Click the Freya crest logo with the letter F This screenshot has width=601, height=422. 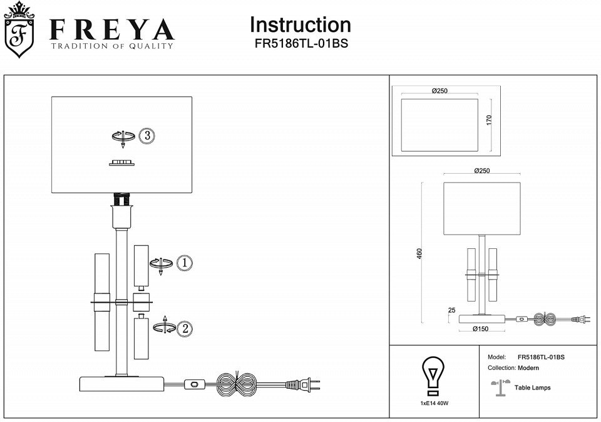(19, 31)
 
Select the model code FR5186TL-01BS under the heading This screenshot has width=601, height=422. (300, 45)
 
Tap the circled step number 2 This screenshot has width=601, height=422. (184, 327)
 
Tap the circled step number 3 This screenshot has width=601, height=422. (146, 135)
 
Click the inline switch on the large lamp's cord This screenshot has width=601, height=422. (195, 382)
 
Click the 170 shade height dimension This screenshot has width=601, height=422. (490, 119)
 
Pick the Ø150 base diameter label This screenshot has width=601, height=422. (480, 329)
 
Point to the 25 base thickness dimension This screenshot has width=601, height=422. (451, 310)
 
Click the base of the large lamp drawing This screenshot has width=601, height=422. (122, 383)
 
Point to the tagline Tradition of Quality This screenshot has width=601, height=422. (112, 46)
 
